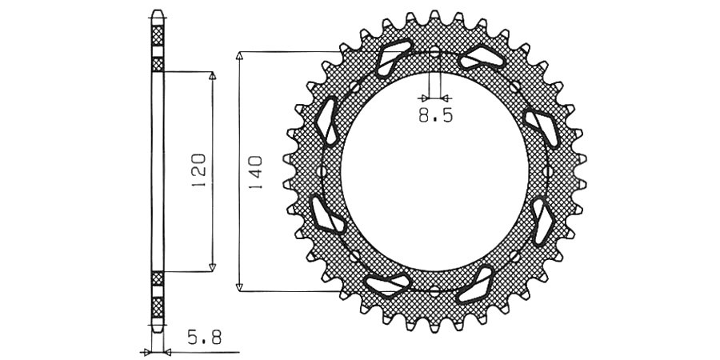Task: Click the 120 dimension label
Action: tap(199, 171)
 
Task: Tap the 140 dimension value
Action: tap(255, 174)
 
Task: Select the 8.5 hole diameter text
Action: tap(435, 115)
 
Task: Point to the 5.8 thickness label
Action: tap(204, 338)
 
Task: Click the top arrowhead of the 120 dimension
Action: tap(212, 75)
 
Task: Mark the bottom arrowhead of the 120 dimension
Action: tap(212, 267)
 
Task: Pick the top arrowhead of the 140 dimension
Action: tap(238, 55)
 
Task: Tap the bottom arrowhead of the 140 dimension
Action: tap(238, 287)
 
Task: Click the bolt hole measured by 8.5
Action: tap(434, 52)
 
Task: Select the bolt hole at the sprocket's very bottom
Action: tap(434, 290)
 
